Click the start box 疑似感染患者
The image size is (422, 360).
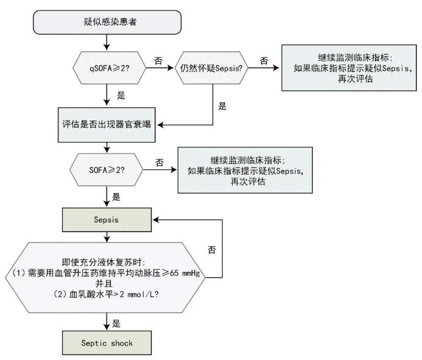[107, 22]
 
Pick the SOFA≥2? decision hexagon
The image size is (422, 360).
[107, 169]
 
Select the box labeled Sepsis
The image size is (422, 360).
[107, 219]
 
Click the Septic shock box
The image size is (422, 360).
[107, 342]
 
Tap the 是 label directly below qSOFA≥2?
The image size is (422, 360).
[121, 96]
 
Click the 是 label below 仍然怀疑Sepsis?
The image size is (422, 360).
[222, 107]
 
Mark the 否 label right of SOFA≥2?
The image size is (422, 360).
[160, 163]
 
